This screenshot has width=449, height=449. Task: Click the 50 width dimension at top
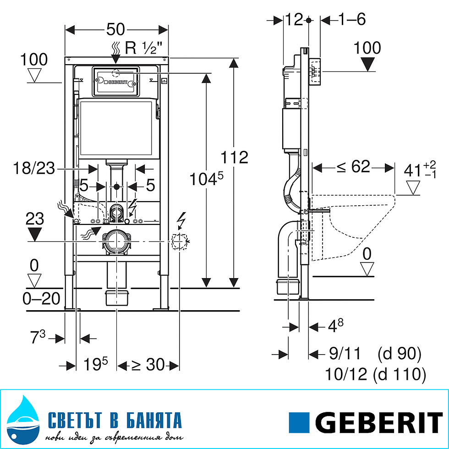pos(116,29)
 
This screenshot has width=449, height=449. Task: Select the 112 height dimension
pos(234,157)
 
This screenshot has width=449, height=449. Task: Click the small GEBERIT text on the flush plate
pos(118,83)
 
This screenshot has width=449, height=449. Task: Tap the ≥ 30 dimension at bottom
pos(148,365)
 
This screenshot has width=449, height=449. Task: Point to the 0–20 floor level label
pos(41,299)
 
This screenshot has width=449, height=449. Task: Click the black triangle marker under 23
pos(35,235)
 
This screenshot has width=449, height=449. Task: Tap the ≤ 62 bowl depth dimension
pos(353,167)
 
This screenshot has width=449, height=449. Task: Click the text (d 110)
pos(400,374)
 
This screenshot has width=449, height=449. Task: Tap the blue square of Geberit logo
pos(300,422)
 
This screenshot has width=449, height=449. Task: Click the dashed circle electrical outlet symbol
pos(180,241)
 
